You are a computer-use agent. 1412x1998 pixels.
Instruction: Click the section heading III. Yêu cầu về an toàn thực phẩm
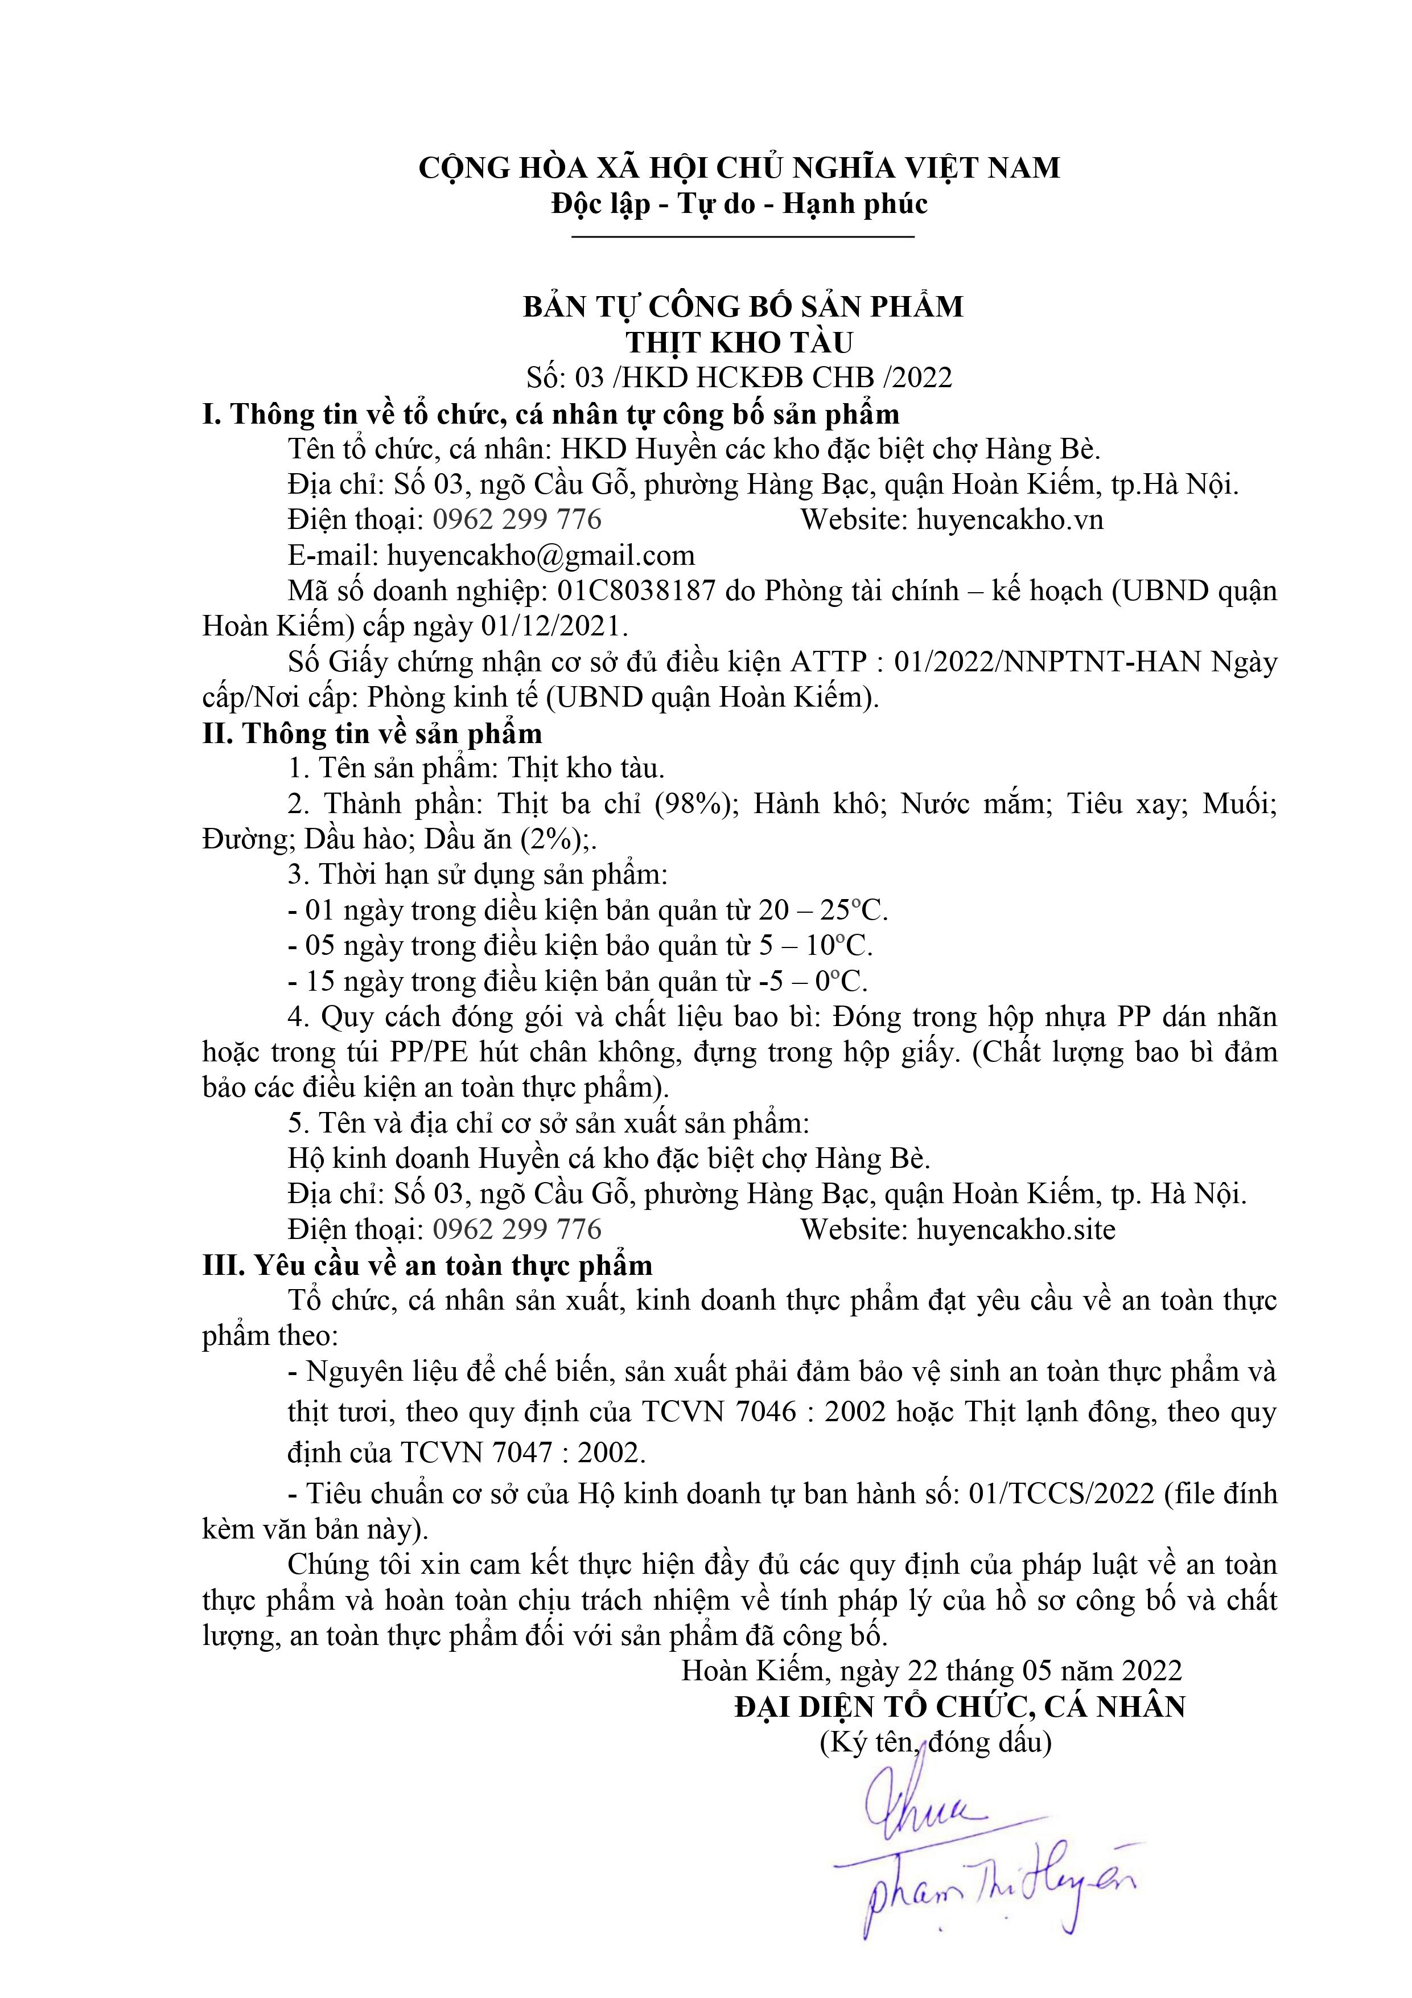(427, 1265)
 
